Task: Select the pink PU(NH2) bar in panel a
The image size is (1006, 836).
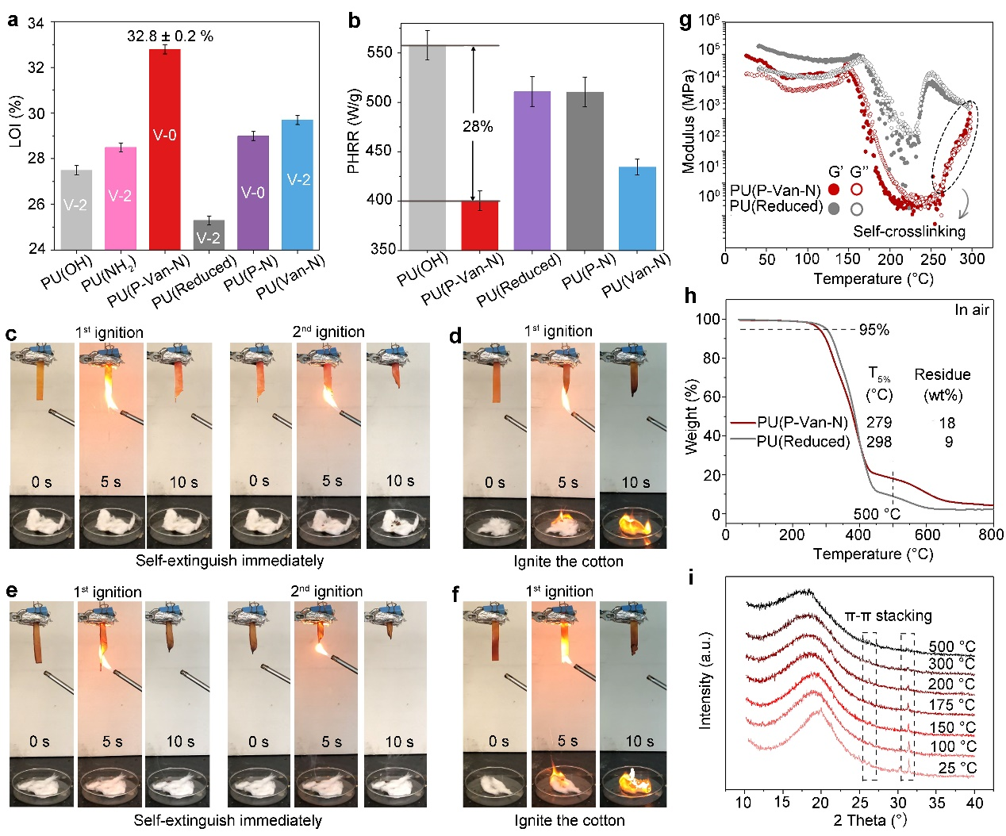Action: [120, 197]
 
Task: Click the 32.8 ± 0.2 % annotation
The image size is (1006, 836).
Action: [170, 36]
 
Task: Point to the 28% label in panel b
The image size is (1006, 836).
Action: [478, 127]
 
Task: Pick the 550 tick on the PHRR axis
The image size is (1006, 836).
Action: [379, 52]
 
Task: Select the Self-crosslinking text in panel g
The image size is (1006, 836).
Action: [909, 232]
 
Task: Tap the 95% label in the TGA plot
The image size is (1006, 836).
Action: [874, 330]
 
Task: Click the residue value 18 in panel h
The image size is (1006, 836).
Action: [947, 423]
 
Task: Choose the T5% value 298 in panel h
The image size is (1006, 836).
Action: [879, 442]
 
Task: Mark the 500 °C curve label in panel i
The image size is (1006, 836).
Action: [952, 646]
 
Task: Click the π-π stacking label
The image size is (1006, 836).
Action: [888, 615]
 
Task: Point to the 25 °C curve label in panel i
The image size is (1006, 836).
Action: [958, 768]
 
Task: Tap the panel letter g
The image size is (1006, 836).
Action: [685, 21]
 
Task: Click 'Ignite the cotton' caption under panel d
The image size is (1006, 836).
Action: [568, 562]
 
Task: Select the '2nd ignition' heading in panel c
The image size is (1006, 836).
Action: [328, 332]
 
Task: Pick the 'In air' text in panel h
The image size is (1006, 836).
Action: [972, 310]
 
